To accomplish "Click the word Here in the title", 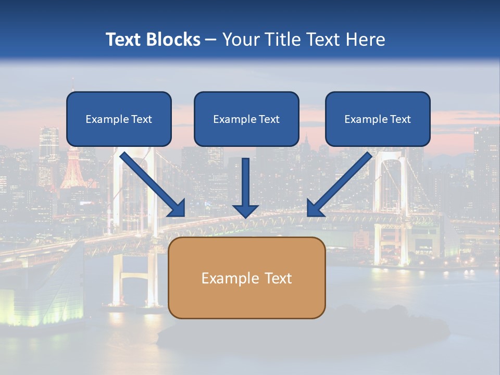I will pos(366,40).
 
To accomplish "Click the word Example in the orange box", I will pos(223,278).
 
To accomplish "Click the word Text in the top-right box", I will pos(400,119).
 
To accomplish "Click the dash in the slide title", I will pos(211,40).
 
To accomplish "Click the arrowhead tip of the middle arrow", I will pos(245,217).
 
